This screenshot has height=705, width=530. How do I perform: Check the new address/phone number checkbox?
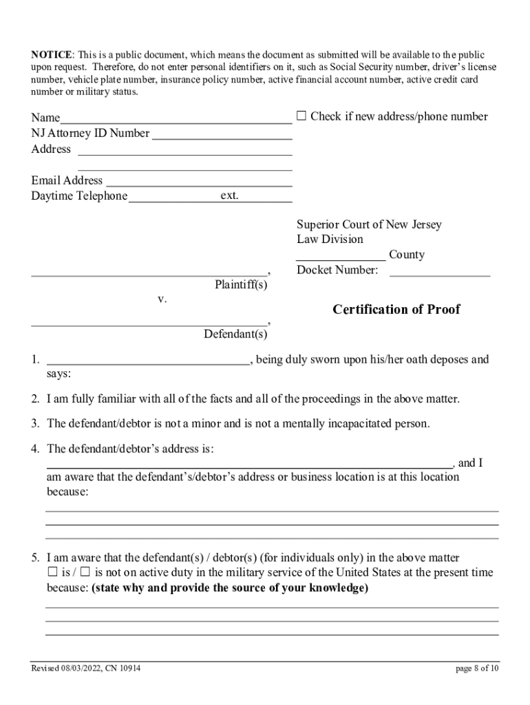coord(301,116)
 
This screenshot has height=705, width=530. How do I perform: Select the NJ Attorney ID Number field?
coord(222,134)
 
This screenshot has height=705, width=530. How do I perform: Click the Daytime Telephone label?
coord(79,196)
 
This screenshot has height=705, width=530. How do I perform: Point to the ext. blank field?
coord(266,198)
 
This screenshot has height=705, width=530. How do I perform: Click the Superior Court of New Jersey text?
coord(369,224)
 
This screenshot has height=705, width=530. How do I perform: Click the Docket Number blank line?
coord(440,271)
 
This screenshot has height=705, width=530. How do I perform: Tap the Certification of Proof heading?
coord(396,309)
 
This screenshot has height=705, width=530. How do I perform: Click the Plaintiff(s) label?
coord(240,284)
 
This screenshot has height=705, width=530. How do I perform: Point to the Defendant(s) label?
coord(235,335)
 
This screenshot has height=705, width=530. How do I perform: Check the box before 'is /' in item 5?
coord(52,572)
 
